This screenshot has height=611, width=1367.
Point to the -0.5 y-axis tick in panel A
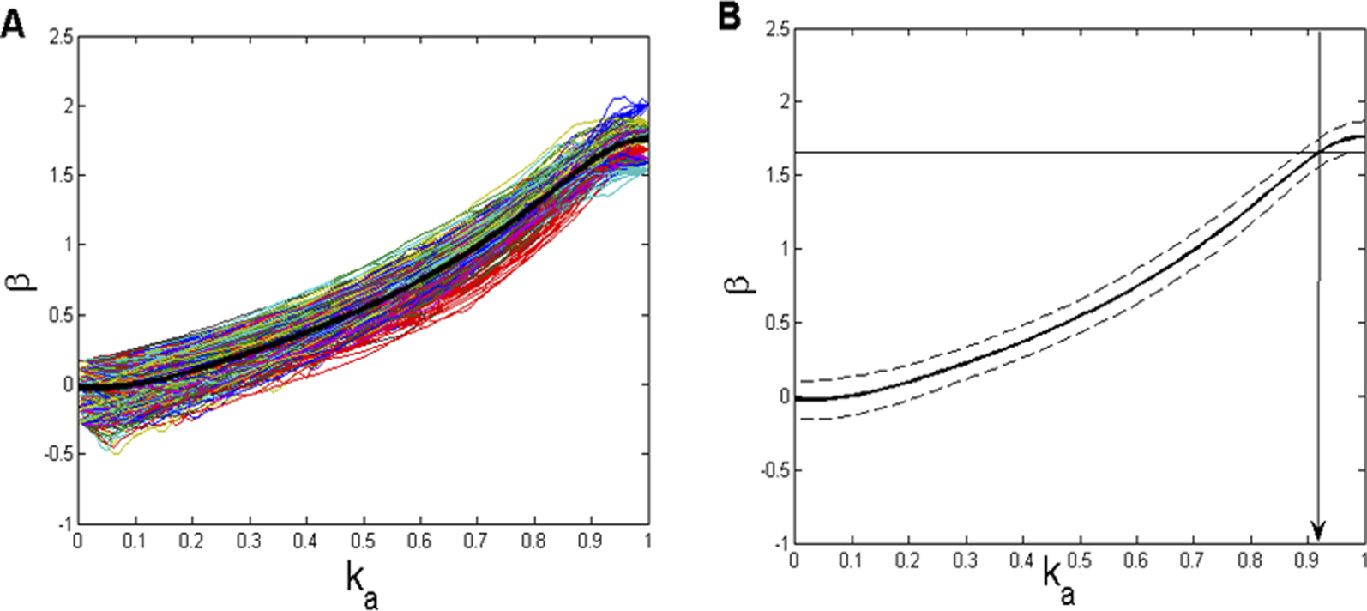point(58,454)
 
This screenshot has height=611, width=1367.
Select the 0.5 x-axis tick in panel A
point(364,541)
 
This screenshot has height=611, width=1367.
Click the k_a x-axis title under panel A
point(361,584)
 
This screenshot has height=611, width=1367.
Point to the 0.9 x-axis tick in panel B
point(1308,561)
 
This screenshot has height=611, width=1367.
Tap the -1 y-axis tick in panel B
point(780,543)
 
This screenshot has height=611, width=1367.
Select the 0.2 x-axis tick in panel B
point(908,561)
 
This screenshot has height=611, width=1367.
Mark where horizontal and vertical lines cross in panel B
point(1319,153)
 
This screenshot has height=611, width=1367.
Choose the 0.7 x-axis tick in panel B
point(1194,561)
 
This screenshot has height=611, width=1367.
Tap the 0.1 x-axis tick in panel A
point(135,541)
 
